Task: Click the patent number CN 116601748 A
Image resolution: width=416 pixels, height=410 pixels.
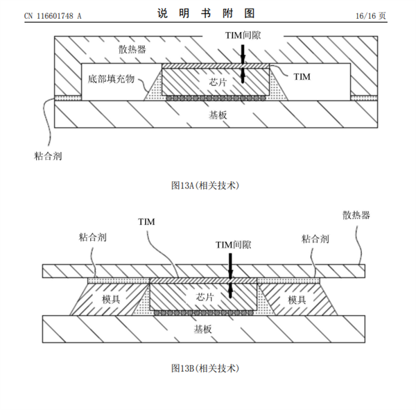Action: point(52,15)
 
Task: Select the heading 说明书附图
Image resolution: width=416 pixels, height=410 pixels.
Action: point(207,13)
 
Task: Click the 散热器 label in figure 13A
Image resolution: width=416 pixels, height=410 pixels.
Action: point(131,49)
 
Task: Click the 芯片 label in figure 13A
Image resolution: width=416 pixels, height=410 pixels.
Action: point(217,82)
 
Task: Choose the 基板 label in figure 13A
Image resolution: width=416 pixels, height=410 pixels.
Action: point(217,114)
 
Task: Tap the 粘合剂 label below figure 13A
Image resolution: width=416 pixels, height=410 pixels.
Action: point(47,155)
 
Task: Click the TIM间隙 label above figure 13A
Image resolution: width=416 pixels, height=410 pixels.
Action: point(243,34)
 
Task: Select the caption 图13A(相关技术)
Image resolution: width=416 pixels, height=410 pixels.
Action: point(205,185)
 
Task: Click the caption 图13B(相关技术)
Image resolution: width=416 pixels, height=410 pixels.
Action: point(205,367)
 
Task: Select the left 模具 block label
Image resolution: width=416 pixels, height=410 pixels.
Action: point(111,300)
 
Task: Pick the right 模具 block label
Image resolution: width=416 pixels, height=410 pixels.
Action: point(296,300)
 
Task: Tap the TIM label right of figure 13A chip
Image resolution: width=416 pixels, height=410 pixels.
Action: point(302,76)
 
